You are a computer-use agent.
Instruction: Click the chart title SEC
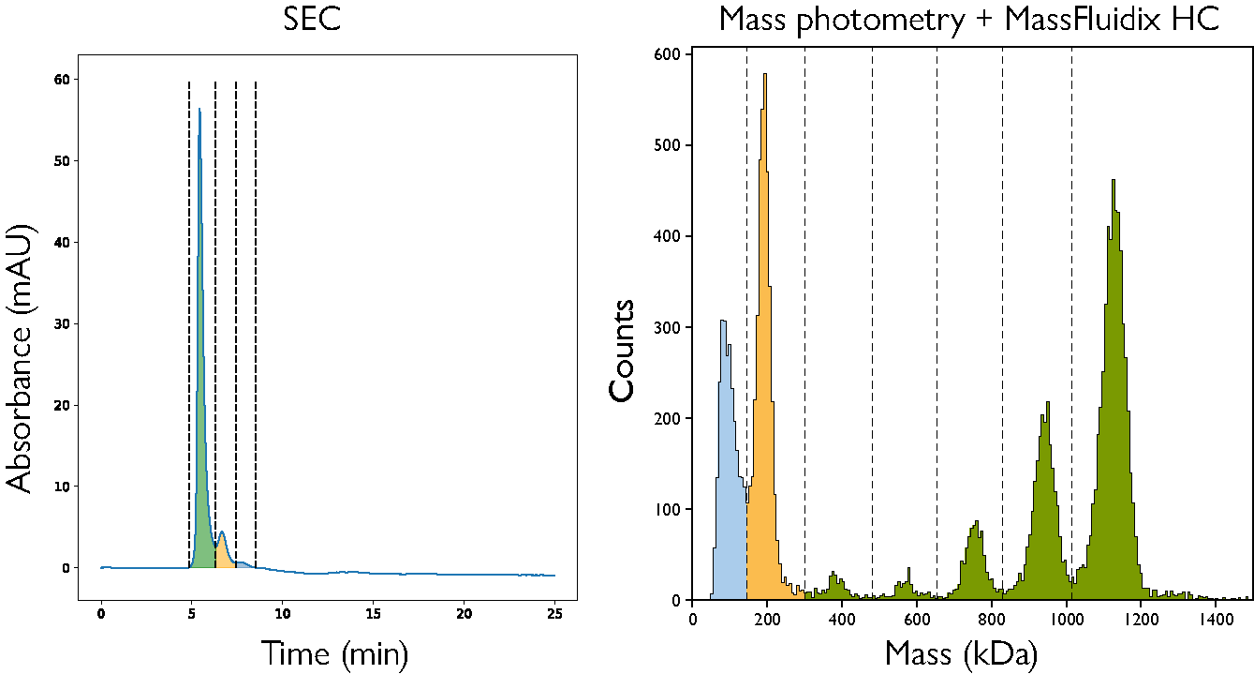pos(312,19)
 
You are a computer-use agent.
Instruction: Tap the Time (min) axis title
pos(334,652)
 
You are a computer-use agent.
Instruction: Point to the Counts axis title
pos(623,350)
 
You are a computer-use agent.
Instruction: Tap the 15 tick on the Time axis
pos(373,613)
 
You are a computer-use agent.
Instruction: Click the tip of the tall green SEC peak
pos(199,110)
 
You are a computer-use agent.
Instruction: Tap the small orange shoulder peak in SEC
pos(223,533)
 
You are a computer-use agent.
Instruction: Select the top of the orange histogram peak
pos(765,75)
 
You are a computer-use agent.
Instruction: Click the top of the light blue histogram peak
pos(723,322)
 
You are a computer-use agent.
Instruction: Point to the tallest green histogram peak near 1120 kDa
pos(1113,181)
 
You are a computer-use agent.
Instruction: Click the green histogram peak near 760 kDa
pos(976,523)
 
